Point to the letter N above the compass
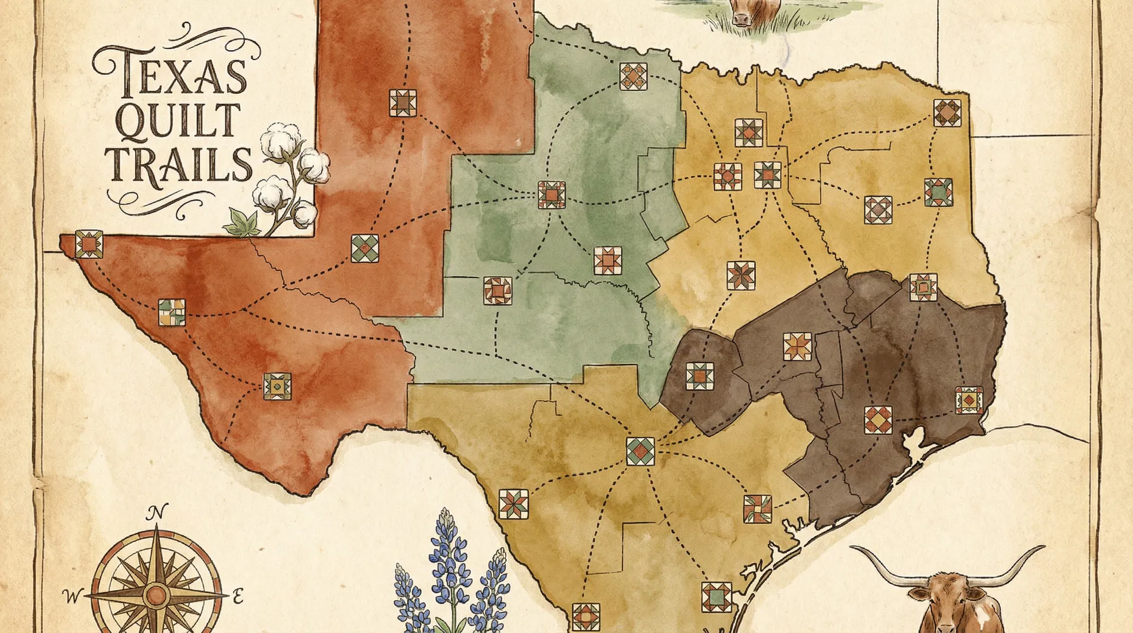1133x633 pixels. tap(157, 512)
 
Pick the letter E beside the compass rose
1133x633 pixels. tap(237, 596)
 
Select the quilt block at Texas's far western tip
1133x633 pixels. tap(89, 244)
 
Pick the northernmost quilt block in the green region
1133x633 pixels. tap(634, 76)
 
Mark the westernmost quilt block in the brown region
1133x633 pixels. tap(700, 376)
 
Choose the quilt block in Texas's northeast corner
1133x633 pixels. tap(947, 113)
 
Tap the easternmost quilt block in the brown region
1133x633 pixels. tap(969, 400)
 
